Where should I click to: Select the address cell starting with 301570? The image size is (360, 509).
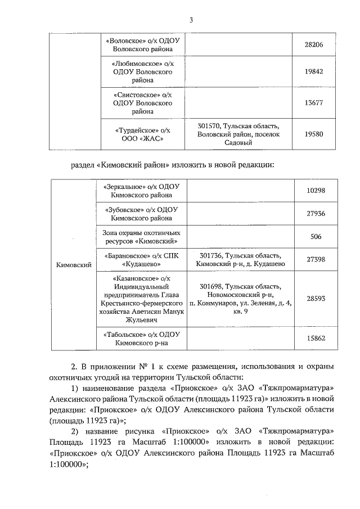[238, 134]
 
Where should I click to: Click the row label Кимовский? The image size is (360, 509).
[74, 264]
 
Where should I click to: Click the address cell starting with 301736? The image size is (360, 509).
[238, 259]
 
